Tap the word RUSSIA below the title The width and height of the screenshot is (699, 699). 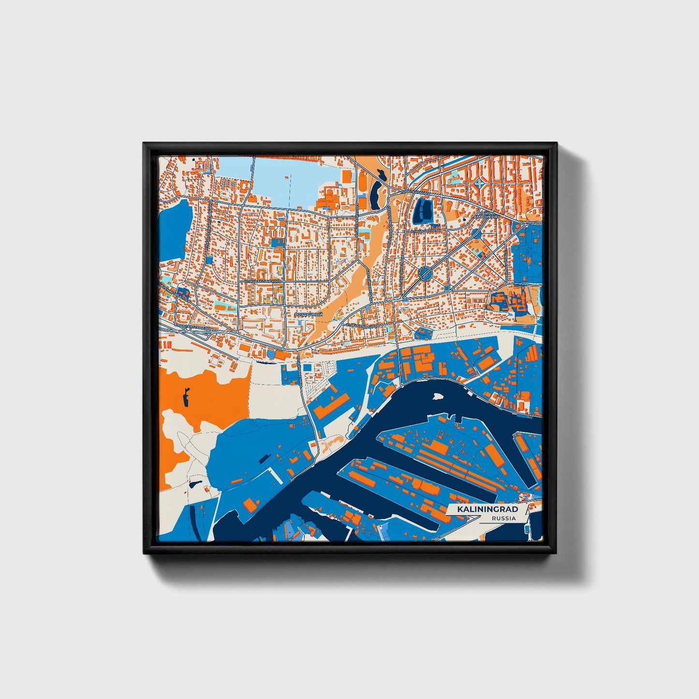(x=503, y=518)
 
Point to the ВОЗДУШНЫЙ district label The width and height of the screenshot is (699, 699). (x=308, y=314)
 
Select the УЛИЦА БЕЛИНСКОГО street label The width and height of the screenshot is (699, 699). (x=263, y=281)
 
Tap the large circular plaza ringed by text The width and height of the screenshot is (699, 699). (x=425, y=274)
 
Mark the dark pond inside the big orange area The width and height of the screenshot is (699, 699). (x=186, y=398)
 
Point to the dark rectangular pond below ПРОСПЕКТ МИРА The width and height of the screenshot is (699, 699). (x=422, y=211)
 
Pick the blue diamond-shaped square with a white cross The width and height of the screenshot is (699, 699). (x=479, y=183)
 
